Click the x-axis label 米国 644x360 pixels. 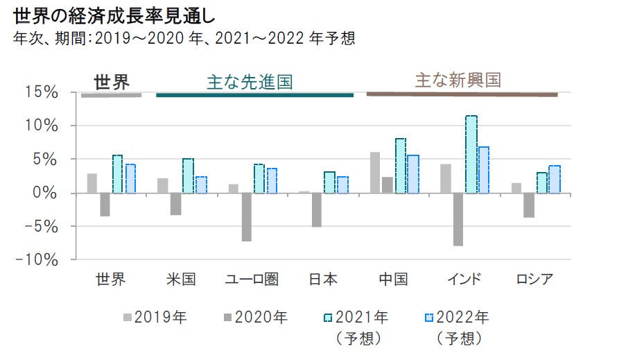click(x=182, y=280)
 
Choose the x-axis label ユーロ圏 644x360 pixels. click(x=252, y=280)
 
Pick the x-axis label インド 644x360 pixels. click(x=464, y=280)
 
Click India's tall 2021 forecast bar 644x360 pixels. click(x=471, y=154)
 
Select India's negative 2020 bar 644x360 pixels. click(x=458, y=219)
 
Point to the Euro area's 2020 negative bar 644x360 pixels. click(x=246, y=217)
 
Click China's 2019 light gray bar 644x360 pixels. click(x=375, y=172)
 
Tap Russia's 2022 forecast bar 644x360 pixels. click(x=555, y=179)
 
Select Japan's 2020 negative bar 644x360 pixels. click(x=317, y=209)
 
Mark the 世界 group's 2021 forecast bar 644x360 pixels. click(x=118, y=174)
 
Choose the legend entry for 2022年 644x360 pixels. click(x=457, y=318)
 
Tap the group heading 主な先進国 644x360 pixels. click(x=250, y=82)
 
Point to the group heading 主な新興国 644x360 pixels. click(x=458, y=80)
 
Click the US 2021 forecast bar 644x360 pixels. click(x=188, y=175)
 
